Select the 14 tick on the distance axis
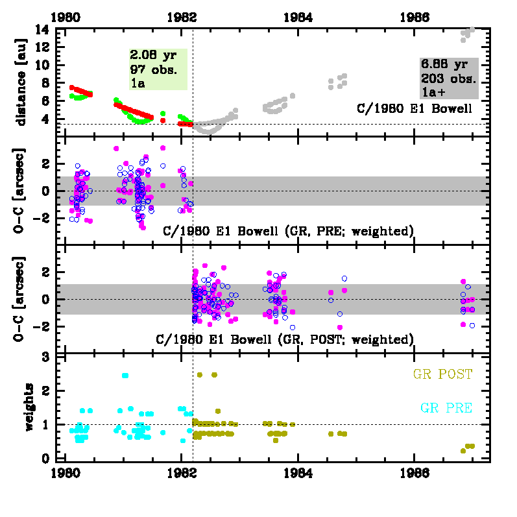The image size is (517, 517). point(43,30)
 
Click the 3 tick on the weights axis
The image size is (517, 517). point(45,357)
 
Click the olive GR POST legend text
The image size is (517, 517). point(442,374)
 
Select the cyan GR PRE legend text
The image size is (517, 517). point(446,408)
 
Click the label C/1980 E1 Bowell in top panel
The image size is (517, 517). point(415,108)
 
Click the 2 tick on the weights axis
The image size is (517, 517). point(45,391)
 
